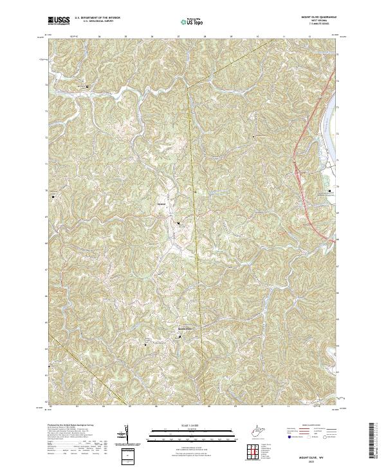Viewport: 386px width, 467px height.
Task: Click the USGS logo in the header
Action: coord(59,21)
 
